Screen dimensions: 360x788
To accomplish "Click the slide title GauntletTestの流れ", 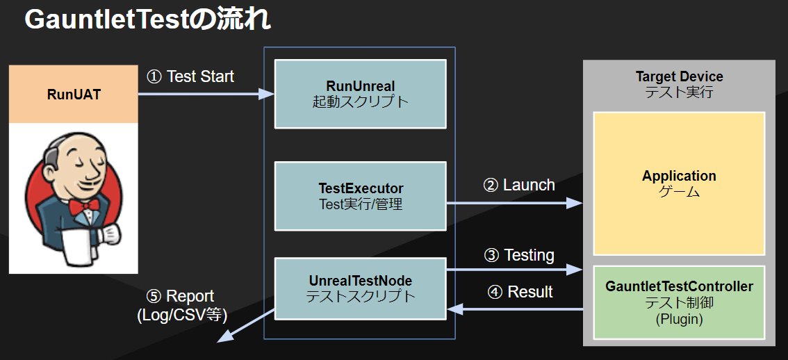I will [147, 20].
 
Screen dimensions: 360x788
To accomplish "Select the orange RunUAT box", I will [74, 95].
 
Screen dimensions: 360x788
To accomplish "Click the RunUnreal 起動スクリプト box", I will [360, 94].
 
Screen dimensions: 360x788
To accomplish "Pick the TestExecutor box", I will [360, 196].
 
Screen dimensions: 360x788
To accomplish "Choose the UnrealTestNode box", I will [360, 288].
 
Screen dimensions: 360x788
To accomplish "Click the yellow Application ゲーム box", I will [678, 183].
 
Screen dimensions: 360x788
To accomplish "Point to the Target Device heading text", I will [679, 76].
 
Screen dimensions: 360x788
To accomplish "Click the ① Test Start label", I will [190, 76].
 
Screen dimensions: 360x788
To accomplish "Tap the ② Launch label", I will [518, 185].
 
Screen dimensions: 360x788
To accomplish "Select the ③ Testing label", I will [518, 255].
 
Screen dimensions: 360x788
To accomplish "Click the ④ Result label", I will [520, 292].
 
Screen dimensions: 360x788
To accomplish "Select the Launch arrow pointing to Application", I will [514, 203].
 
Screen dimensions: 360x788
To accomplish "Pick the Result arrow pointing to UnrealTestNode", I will [514, 309].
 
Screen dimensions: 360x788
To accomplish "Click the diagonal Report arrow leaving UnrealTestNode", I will [246, 325].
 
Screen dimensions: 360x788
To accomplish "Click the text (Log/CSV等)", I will [183, 314].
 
